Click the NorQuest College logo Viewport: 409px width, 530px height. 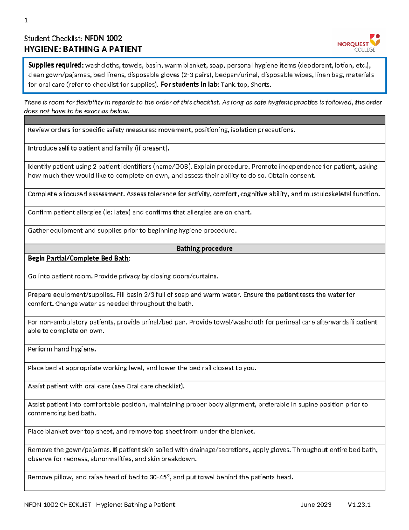click(359, 43)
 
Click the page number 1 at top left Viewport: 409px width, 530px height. click(26, 20)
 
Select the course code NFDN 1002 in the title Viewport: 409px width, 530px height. click(103, 38)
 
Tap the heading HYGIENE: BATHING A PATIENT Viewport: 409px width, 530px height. click(83, 49)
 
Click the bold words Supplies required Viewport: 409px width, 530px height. click(55, 65)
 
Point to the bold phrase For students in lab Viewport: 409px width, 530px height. click(189, 85)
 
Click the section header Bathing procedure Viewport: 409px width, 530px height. click(204, 248)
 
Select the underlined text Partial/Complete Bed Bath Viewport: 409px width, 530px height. click(88, 258)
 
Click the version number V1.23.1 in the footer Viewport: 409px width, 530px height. click(359, 505)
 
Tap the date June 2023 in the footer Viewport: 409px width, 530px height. click(316, 505)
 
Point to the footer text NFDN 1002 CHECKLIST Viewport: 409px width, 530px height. click(58, 505)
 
